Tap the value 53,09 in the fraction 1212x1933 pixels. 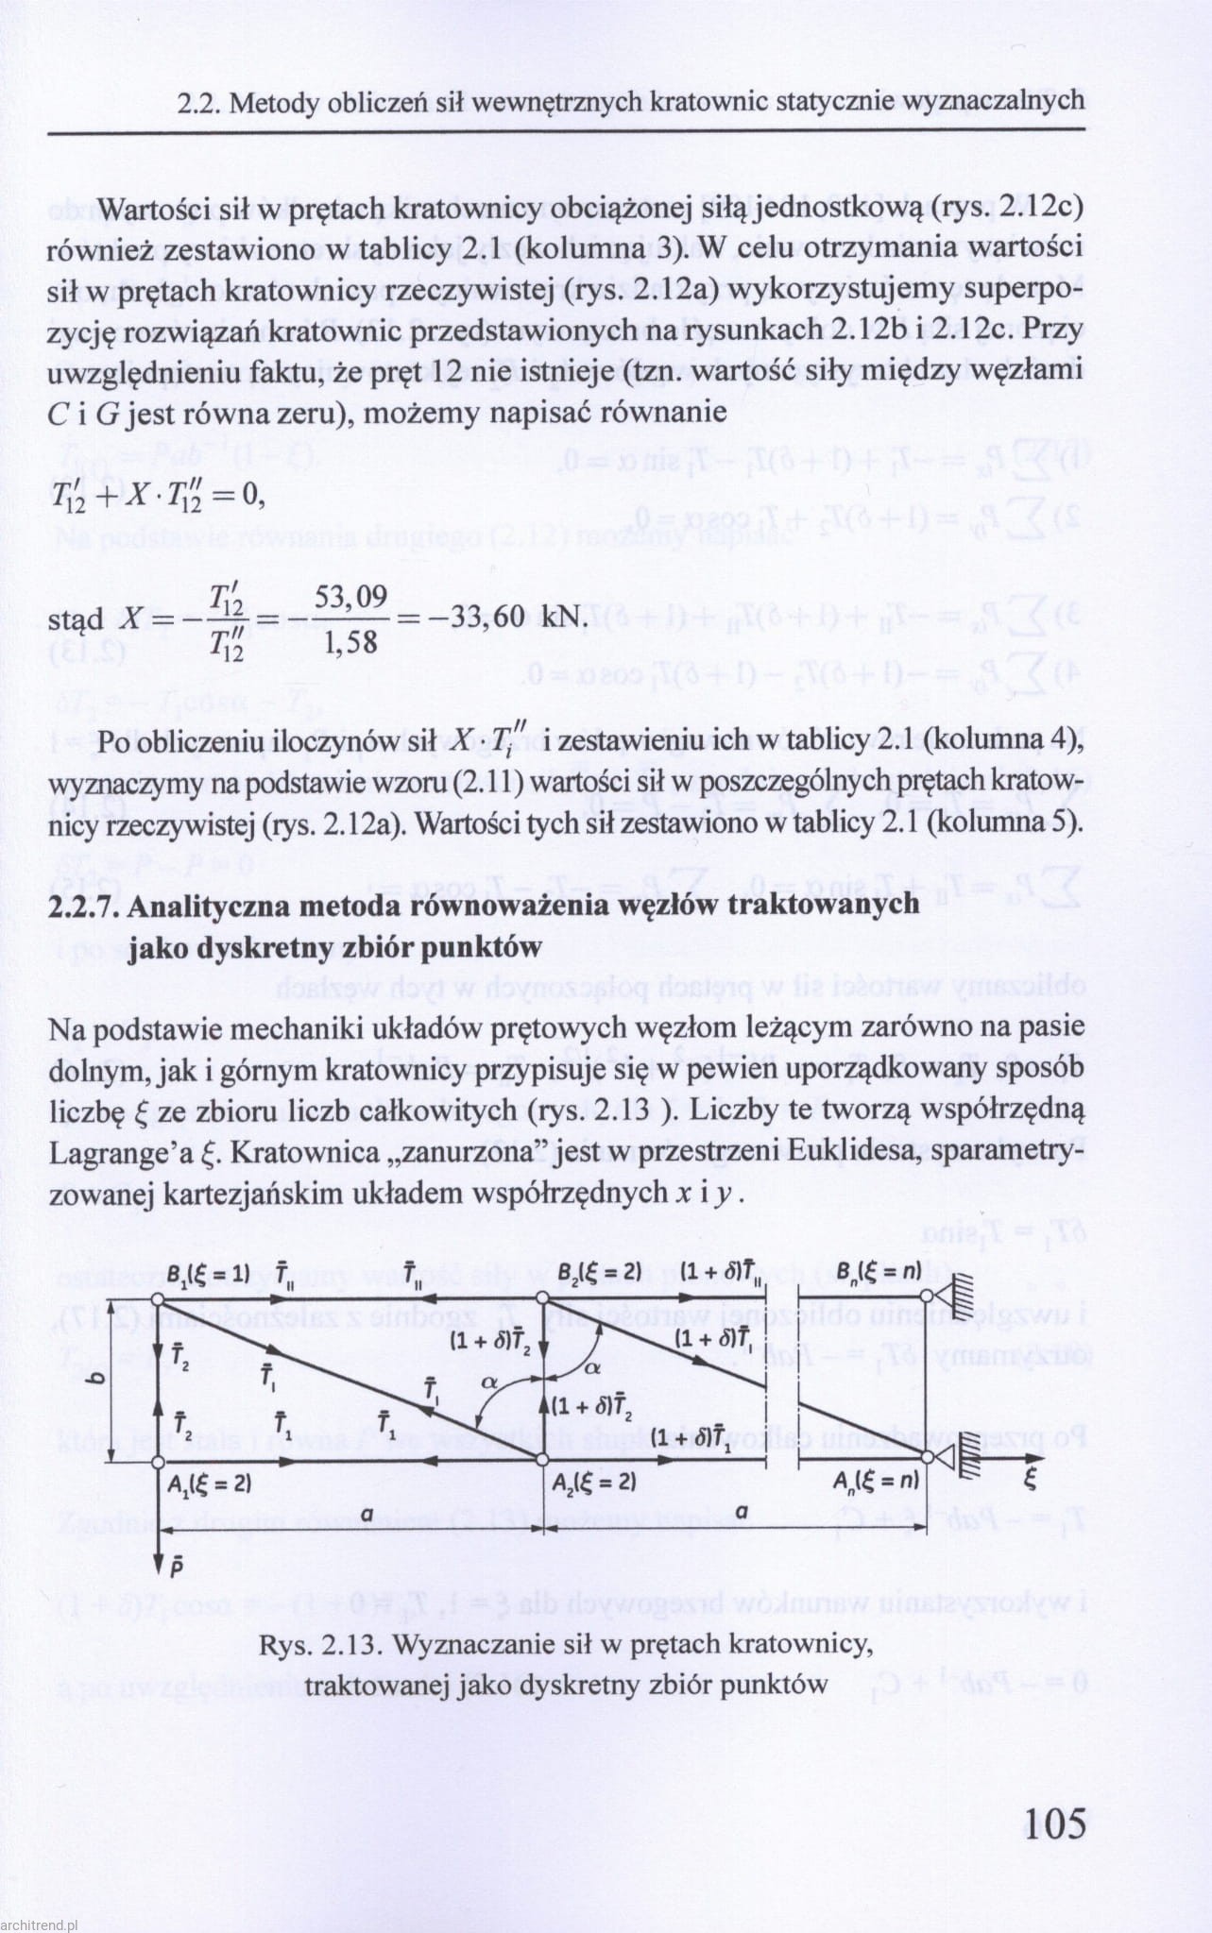350,597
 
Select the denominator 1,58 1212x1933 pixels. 350,644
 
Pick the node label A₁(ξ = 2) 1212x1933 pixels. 209,1484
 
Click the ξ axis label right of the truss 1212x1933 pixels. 1030,1479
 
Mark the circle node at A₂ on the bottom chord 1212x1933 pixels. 542,1459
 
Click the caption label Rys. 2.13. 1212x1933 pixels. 320,1645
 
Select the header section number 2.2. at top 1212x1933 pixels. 198,103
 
